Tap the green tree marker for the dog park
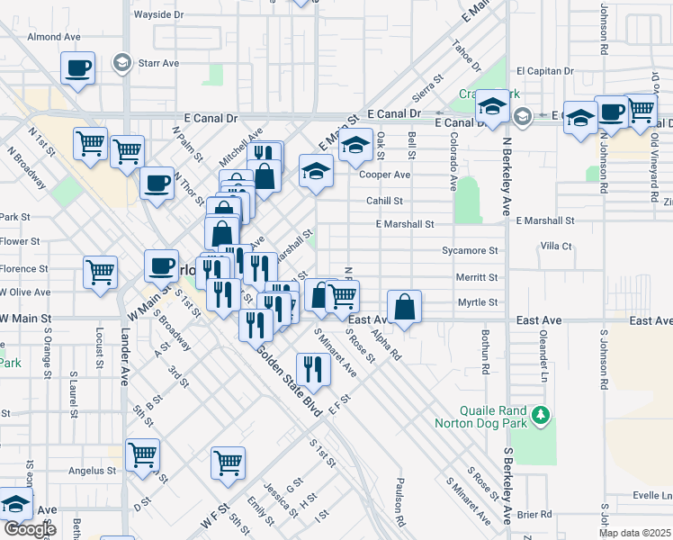(x=541, y=415)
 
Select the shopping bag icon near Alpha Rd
(x=405, y=307)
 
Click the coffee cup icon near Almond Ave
(x=78, y=67)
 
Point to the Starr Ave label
(x=158, y=63)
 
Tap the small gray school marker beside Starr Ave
(x=121, y=63)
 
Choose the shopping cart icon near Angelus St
(x=143, y=455)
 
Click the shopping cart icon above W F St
(x=229, y=463)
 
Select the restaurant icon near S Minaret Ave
(x=313, y=368)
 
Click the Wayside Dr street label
(x=157, y=15)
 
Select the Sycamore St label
(x=470, y=251)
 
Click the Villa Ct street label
(x=556, y=246)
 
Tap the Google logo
(x=29, y=529)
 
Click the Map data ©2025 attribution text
(x=633, y=533)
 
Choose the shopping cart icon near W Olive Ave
(x=101, y=271)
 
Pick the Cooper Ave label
(x=385, y=175)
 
